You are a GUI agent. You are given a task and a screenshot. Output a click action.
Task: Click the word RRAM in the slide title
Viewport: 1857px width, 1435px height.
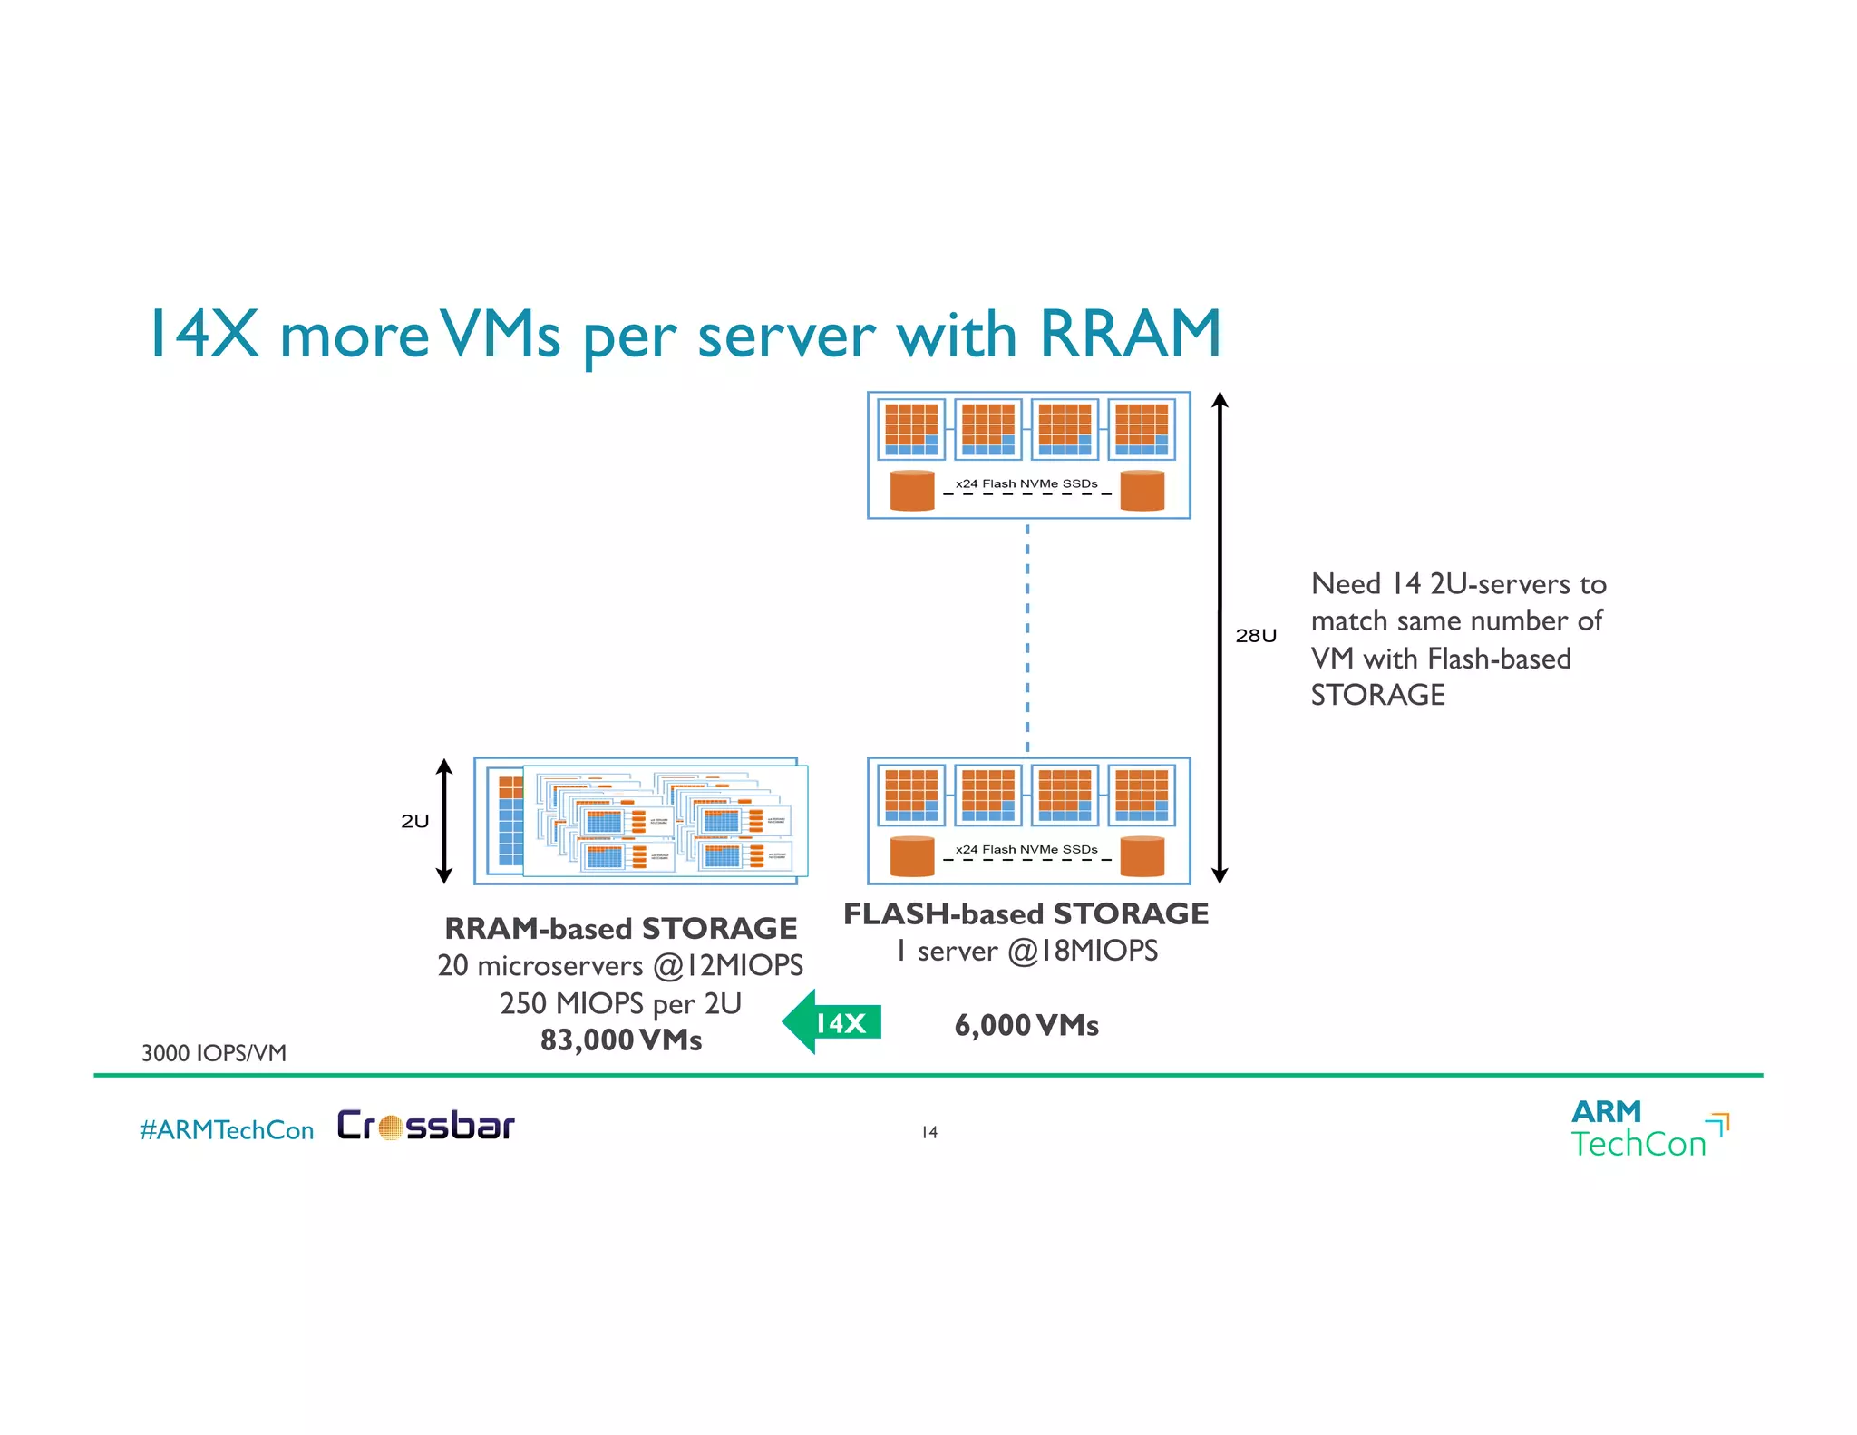tap(1130, 334)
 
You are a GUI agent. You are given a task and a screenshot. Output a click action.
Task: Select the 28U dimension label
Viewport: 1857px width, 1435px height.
tap(1255, 636)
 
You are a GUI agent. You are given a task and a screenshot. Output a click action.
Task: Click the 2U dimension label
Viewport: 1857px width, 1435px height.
tap(414, 821)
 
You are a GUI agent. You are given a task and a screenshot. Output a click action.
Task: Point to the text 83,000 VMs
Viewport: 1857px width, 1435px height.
tap(621, 1040)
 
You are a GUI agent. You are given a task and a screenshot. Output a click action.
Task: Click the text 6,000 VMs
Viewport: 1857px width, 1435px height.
tap(1026, 1025)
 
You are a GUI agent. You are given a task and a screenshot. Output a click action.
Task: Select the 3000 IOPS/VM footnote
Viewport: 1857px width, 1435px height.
tap(214, 1053)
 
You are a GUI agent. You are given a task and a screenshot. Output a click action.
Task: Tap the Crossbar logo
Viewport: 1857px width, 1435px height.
tap(425, 1126)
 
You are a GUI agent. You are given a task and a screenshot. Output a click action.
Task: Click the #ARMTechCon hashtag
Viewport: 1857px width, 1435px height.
tap(227, 1130)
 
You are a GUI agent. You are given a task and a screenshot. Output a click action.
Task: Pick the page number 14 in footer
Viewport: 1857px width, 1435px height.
tap(929, 1132)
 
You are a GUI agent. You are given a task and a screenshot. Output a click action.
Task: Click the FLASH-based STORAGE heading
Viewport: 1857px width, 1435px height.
tap(1026, 913)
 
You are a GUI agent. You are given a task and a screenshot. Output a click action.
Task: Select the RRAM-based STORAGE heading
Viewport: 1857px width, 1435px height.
tap(621, 928)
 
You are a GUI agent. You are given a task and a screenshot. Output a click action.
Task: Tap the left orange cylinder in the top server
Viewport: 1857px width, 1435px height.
tap(912, 491)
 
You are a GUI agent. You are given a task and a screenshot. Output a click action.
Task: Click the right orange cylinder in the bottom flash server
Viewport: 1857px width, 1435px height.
tap(1142, 856)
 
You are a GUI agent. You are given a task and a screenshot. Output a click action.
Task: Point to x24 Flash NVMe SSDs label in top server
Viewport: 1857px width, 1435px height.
tap(1026, 483)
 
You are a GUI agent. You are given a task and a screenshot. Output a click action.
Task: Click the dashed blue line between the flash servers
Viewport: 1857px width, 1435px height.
tap(1027, 635)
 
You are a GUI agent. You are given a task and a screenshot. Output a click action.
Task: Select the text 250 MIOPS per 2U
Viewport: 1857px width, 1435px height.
tap(621, 1003)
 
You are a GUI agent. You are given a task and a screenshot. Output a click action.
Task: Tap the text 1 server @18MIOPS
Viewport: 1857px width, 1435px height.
tap(1026, 951)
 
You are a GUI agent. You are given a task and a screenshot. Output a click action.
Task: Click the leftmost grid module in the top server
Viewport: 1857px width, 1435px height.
tap(911, 429)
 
